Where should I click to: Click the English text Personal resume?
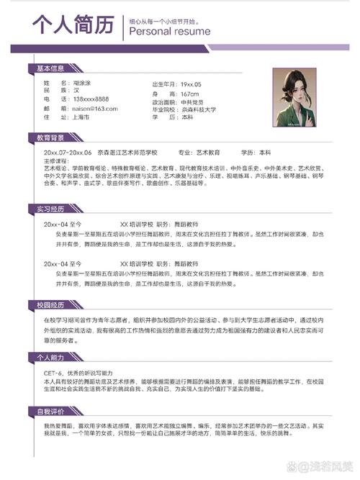(x=169, y=32)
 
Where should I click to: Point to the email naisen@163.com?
(x=94, y=107)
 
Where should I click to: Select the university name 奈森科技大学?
(x=198, y=109)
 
